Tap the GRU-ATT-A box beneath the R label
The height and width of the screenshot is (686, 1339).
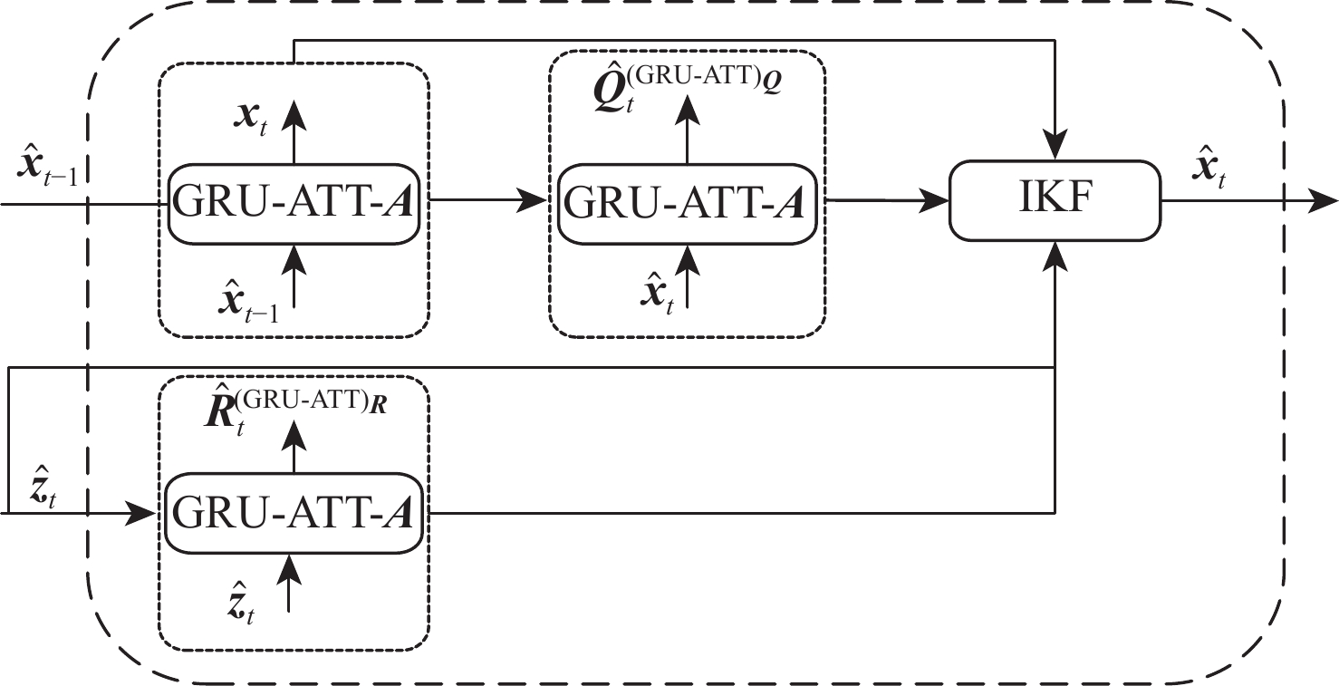[x=294, y=513]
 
